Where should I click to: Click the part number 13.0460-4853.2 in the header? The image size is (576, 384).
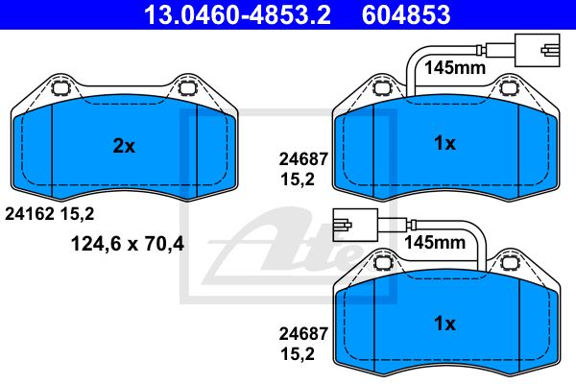point(237,14)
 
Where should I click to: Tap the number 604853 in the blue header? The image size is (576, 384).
point(406,14)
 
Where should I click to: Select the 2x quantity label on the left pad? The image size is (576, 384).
point(124,146)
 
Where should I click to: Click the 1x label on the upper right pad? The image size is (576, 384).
point(444,143)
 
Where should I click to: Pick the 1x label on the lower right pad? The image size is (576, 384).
point(444,324)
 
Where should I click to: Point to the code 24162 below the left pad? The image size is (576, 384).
point(30,214)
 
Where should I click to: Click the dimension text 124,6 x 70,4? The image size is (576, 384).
point(128,243)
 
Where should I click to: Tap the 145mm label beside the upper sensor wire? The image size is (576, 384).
point(455,68)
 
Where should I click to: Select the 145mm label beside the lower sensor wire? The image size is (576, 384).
point(435,243)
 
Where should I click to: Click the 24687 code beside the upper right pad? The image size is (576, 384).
point(303,159)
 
